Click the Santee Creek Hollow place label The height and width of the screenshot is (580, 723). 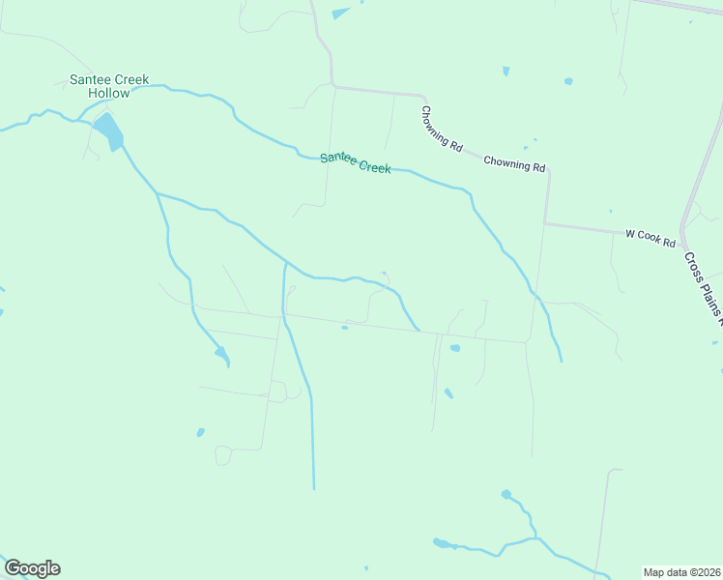[x=108, y=86]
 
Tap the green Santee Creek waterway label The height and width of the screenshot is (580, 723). [x=356, y=162]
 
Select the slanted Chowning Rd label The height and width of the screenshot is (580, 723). [x=441, y=129]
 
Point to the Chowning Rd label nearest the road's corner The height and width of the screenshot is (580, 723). [x=514, y=164]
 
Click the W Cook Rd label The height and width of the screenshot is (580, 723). [x=650, y=235]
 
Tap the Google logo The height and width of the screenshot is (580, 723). [x=32, y=568]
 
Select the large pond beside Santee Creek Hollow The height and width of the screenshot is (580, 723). [x=109, y=130]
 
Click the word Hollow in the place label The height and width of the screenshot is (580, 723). [x=108, y=93]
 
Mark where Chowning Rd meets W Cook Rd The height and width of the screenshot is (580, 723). [x=545, y=223]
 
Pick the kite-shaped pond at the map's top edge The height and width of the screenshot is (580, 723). [x=340, y=14]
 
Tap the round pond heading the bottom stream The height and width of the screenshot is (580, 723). [x=506, y=494]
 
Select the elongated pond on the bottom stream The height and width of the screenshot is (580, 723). [x=444, y=543]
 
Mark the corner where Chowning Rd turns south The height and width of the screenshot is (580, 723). [x=547, y=170]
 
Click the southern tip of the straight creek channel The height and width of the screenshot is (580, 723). [x=313, y=488]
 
